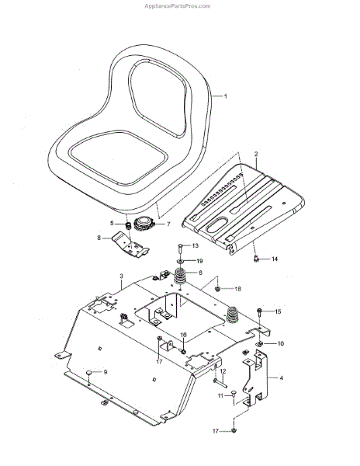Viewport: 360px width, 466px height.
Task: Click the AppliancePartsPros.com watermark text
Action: click(177, 6)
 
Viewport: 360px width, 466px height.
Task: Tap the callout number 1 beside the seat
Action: click(225, 96)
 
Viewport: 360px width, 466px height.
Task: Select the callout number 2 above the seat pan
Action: click(256, 154)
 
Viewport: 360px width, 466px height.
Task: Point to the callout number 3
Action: click(121, 276)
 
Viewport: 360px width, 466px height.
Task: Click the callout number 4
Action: click(282, 378)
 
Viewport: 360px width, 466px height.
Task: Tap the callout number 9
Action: click(105, 372)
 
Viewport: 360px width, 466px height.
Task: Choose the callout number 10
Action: click(280, 343)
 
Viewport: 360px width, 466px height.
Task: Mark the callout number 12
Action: click(223, 371)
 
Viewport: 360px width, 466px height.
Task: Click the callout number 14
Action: click(275, 259)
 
